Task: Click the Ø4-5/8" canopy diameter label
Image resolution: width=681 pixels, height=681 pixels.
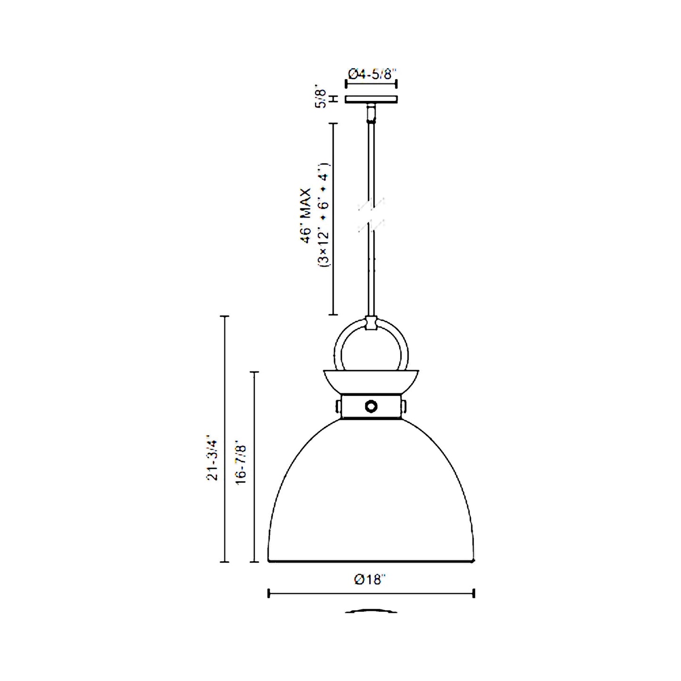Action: [371, 74]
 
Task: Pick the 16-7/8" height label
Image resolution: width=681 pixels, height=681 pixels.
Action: [242, 465]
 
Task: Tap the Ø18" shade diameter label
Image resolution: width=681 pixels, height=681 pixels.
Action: [370, 579]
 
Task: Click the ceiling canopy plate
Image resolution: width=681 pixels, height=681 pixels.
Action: [371, 99]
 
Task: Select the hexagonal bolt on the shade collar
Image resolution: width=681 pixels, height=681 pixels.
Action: [371, 406]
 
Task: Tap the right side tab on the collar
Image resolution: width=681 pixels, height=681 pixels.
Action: [404, 406]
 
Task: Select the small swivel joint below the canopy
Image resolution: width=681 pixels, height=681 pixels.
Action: [371, 113]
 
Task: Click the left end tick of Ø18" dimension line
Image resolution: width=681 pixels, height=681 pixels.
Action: [269, 593]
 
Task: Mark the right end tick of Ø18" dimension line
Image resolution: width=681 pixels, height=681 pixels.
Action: [474, 593]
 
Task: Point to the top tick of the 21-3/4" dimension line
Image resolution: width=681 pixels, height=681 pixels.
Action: [225, 317]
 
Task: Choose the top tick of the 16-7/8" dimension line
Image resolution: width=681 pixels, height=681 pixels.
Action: [254, 372]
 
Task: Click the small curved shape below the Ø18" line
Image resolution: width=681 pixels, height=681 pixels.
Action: [371, 611]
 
